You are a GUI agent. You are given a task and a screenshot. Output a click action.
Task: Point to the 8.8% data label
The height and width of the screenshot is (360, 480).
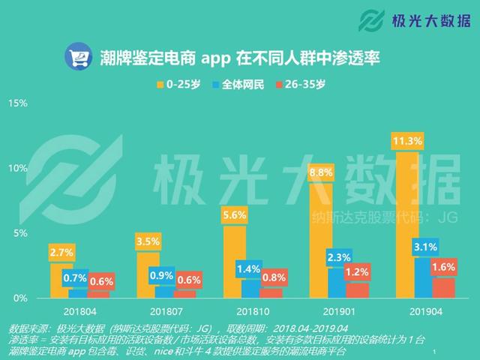click(x=320, y=172)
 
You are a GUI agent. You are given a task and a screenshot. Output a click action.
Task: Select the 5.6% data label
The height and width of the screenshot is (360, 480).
click(x=234, y=214)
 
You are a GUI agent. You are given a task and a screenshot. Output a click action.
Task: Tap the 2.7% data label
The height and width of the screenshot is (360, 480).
click(x=61, y=252)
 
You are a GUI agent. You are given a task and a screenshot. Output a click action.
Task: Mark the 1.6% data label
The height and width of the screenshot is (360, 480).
click(x=444, y=266)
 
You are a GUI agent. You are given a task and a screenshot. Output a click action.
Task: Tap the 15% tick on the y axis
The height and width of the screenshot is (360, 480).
click(x=18, y=103)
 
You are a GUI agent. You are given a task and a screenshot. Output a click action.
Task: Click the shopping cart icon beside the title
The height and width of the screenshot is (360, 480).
click(x=79, y=57)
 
